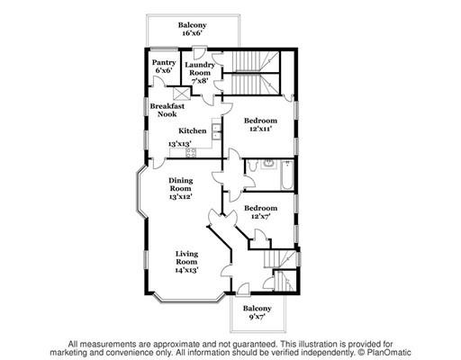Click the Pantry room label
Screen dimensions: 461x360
coord(164,63)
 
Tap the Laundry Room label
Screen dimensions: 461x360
coord(200,68)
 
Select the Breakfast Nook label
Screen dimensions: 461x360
coord(167,110)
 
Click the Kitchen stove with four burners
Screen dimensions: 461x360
coord(191,152)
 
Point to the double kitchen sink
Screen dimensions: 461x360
coord(217,131)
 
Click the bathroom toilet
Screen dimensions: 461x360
coord(253,166)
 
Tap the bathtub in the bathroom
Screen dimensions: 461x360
coord(287,175)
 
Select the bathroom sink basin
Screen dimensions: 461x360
coord(268,164)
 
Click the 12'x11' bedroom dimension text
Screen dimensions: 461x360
coord(260,129)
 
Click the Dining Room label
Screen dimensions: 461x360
coord(180,184)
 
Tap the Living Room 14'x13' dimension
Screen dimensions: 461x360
coord(186,270)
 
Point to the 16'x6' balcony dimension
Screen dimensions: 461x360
coord(192,33)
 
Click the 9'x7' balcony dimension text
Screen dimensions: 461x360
coord(257,317)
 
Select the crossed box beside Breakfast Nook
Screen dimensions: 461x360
coord(182,94)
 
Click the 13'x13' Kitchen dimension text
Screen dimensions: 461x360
coord(180,144)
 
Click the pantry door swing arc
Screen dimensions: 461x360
coord(158,80)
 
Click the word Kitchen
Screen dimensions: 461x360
coord(193,130)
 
